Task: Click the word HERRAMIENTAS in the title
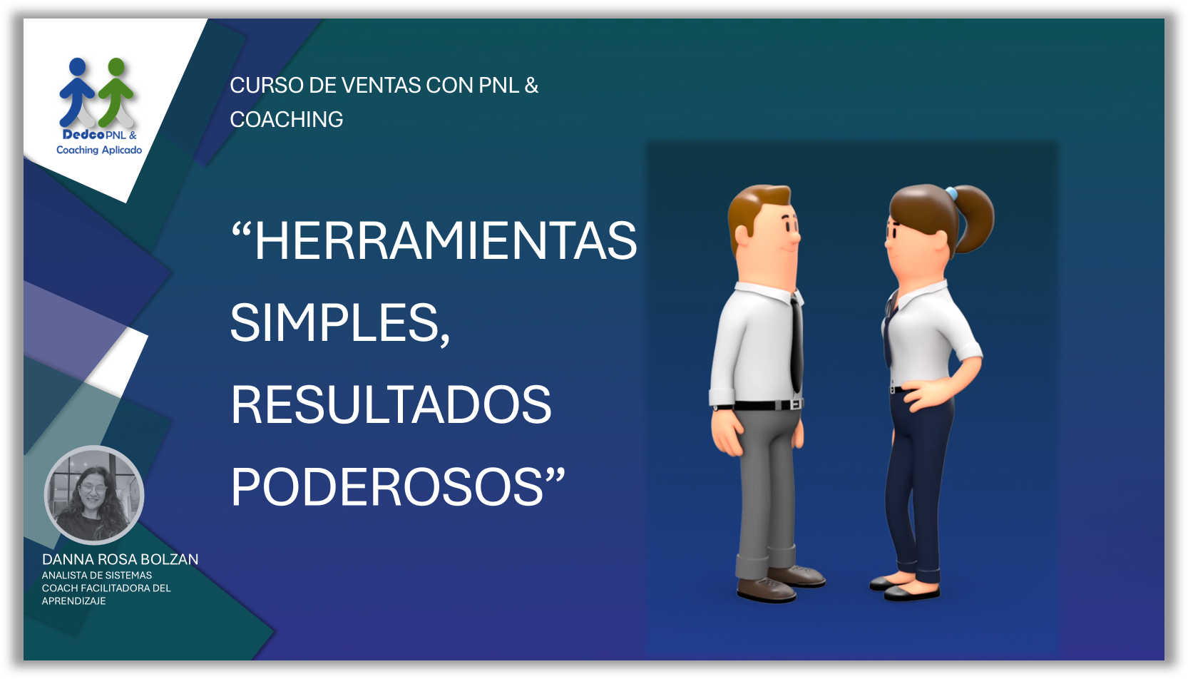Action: point(446,241)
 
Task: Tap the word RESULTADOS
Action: point(391,404)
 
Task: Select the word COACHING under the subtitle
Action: point(287,119)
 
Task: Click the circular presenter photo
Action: point(94,495)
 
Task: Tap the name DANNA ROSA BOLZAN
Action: point(121,559)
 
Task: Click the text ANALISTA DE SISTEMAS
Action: point(97,575)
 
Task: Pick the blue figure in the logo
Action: point(78,91)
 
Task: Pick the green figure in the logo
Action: point(116,91)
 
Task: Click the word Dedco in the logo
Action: point(83,135)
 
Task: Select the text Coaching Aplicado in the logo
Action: point(99,150)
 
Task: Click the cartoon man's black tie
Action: point(796,344)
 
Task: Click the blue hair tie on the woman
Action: point(951,193)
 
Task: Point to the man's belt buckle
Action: point(796,404)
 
